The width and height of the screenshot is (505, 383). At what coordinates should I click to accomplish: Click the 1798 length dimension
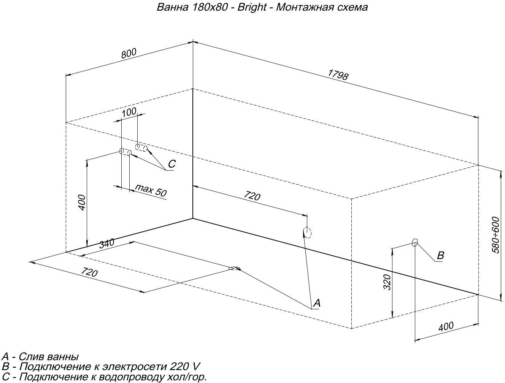(x=338, y=75)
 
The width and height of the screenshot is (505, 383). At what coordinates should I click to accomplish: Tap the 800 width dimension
(x=129, y=54)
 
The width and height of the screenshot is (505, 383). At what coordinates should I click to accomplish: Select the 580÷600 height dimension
(x=496, y=235)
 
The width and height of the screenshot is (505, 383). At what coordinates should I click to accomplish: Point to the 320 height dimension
(x=387, y=282)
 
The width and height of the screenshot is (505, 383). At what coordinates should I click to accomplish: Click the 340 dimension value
(x=106, y=244)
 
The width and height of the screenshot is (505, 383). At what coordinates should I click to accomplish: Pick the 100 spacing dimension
(x=129, y=112)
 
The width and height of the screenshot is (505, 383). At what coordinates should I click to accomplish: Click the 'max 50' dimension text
(x=151, y=190)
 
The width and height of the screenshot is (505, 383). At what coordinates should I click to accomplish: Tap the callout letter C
(x=172, y=164)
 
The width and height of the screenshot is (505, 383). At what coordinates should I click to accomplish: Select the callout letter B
(x=440, y=255)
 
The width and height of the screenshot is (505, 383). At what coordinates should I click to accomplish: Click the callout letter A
(x=317, y=303)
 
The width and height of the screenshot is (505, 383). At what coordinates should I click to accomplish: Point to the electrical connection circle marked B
(x=415, y=242)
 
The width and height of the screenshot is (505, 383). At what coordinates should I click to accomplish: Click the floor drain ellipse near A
(x=235, y=268)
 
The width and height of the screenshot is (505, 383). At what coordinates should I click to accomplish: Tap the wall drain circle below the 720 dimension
(x=307, y=233)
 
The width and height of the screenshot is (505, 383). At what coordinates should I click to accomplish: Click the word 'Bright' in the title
(x=252, y=7)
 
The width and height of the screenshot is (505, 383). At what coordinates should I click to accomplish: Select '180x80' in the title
(x=210, y=7)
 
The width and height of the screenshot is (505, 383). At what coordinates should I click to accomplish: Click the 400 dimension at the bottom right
(x=446, y=326)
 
